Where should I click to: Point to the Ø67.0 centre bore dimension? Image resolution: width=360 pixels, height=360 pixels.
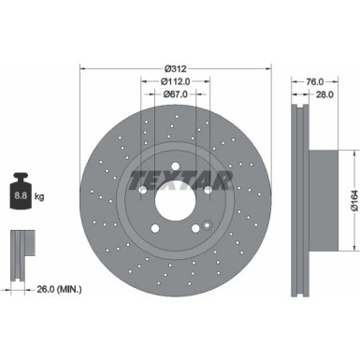coord(178,94)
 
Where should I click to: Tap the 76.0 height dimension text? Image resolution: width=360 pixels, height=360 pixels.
coord(316,81)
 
